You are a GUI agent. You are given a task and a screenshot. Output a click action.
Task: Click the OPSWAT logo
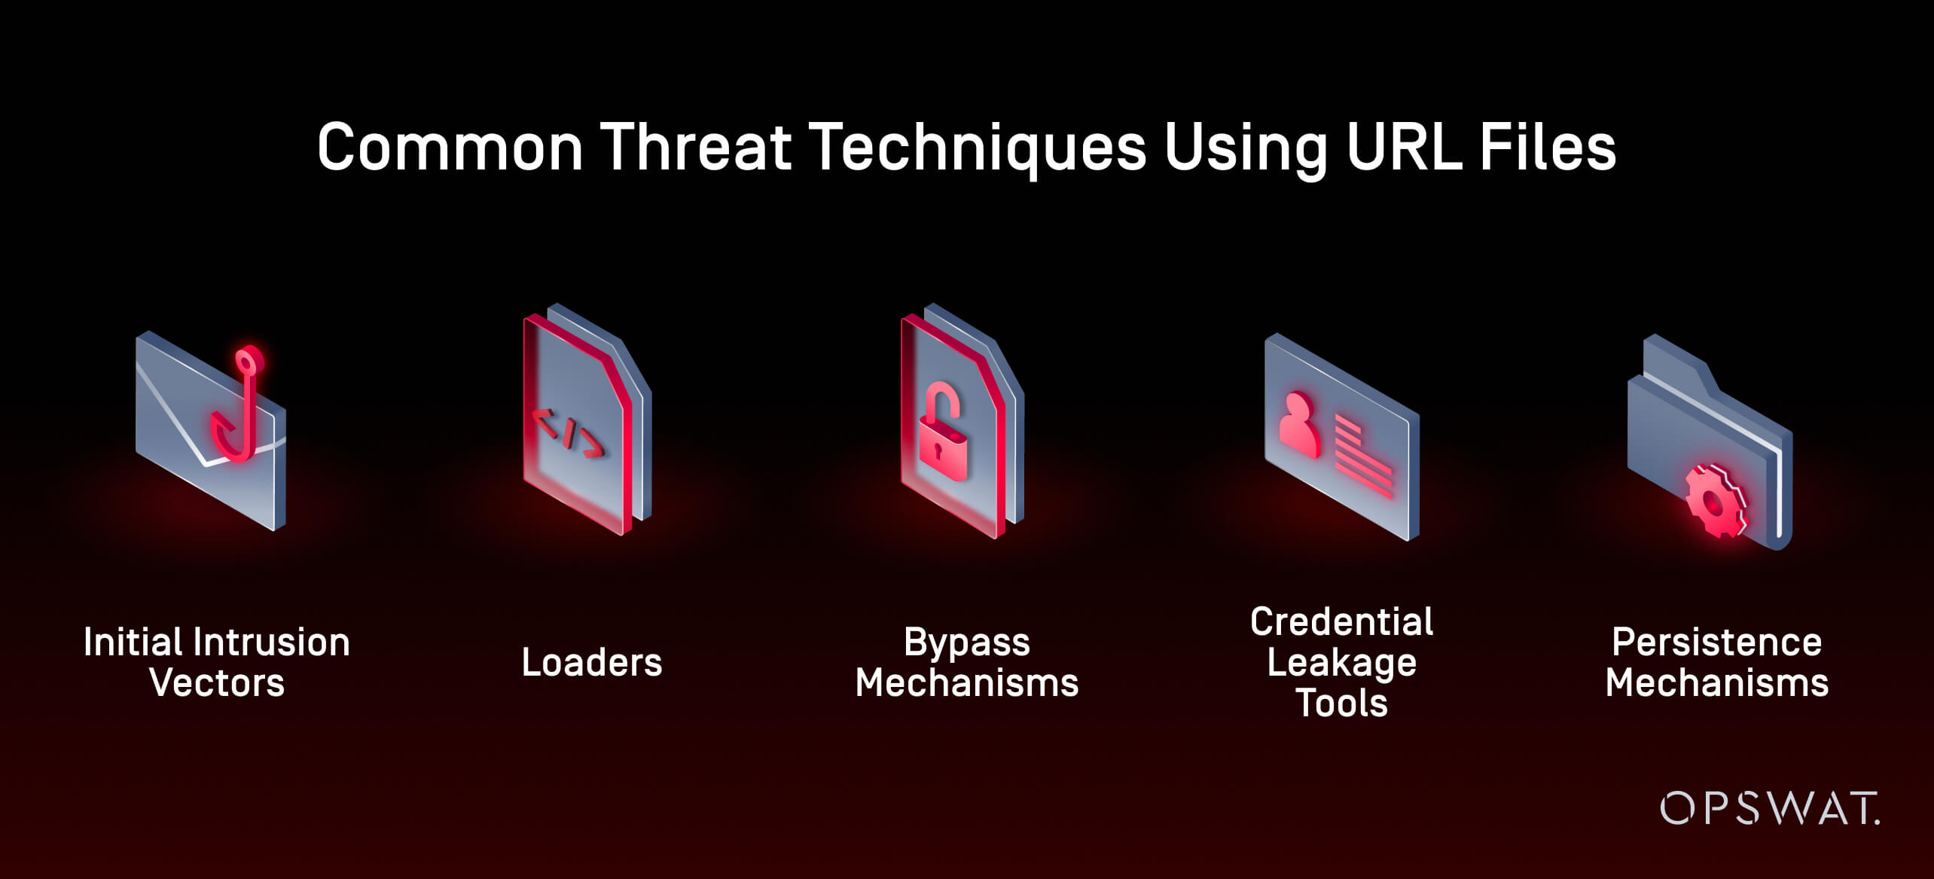pyautogui.click(x=1769, y=808)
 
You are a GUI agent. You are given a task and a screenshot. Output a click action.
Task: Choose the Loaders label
pyautogui.click(x=592, y=663)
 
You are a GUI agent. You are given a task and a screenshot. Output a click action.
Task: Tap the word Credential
pyautogui.click(x=1342, y=622)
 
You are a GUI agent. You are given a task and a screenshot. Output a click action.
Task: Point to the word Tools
pyautogui.click(x=1342, y=704)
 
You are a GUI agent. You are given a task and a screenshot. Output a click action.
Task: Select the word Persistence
pyautogui.click(x=1717, y=642)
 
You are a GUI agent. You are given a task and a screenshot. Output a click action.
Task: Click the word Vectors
pyautogui.click(x=217, y=683)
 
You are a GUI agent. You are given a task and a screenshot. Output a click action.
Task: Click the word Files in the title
pyautogui.click(x=1548, y=147)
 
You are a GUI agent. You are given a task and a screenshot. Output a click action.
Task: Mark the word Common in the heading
pyautogui.click(x=450, y=147)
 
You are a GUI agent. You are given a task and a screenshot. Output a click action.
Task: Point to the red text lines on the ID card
pyautogui.click(x=1364, y=459)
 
